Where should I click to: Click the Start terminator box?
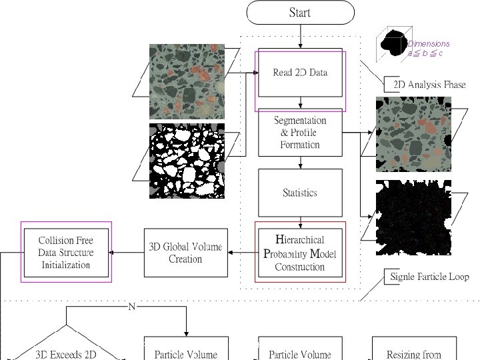(x=300, y=13)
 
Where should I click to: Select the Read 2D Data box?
(x=300, y=73)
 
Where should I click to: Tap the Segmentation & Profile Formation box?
(x=300, y=133)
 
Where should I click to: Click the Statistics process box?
(x=300, y=193)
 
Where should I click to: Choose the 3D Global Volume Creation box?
(x=185, y=253)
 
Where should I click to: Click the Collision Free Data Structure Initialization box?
(x=65, y=253)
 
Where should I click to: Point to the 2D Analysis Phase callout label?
(x=429, y=85)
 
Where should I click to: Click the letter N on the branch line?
(x=132, y=307)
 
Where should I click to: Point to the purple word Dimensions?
(x=429, y=44)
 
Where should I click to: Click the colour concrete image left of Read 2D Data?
(x=187, y=81)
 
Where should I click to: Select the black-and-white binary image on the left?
(x=187, y=161)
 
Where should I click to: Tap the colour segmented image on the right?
(x=413, y=134)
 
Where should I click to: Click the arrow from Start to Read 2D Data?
(x=300, y=36)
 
